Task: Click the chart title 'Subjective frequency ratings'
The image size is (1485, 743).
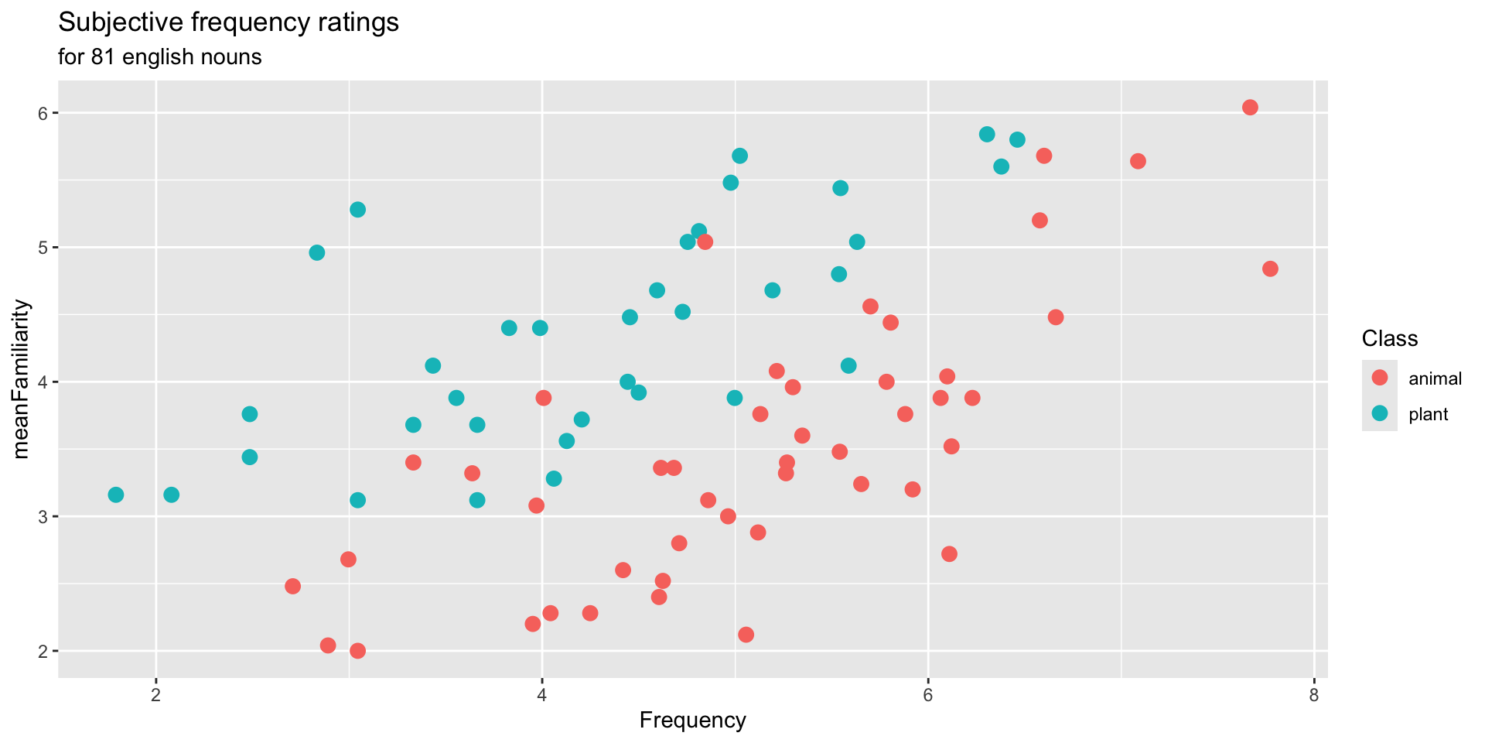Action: pos(228,23)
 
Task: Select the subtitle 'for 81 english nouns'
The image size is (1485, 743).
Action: pos(159,57)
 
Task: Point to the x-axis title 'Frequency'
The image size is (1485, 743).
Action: pos(692,721)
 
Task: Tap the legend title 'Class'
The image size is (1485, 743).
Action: pos(1389,338)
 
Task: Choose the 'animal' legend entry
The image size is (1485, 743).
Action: pos(1435,378)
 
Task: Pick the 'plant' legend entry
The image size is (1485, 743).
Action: pos(1428,414)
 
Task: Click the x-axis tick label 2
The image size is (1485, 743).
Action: pos(156,693)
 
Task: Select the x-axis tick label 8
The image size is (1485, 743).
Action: pos(1313,693)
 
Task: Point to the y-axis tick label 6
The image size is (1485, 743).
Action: pos(43,113)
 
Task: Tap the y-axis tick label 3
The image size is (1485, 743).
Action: pos(43,516)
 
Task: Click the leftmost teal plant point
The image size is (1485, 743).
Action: pos(116,495)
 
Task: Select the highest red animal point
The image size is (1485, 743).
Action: pos(1250,108)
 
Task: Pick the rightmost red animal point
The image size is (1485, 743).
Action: pos(1270,269)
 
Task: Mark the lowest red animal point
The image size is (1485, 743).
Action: pos(357,651)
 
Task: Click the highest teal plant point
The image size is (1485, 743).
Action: pos(987,134)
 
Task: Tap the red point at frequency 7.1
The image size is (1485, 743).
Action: pos(1138,161)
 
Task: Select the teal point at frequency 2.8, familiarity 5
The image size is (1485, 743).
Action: pos(316,253)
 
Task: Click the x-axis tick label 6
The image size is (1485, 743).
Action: pos(927,693)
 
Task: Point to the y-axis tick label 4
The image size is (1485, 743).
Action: pos(43,382)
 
